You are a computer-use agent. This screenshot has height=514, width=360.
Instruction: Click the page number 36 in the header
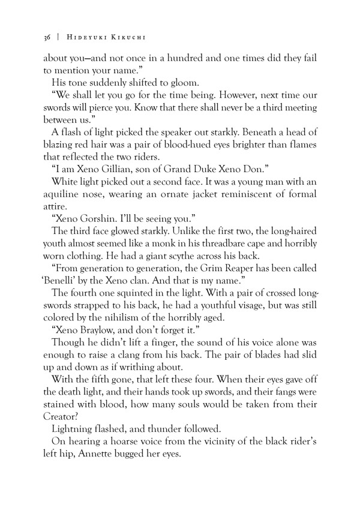pos(47,38)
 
